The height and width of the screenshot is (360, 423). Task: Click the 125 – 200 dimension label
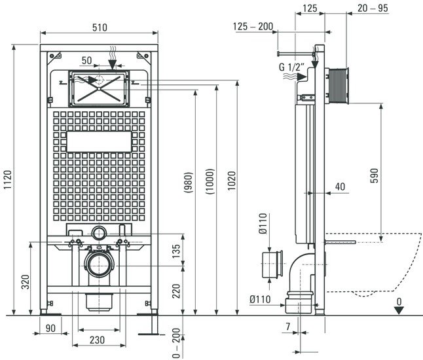click(x=254, y=27)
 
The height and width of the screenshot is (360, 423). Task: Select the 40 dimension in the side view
click(x=339, y=187)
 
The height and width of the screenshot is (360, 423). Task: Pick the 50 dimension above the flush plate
click(x=87, y=60)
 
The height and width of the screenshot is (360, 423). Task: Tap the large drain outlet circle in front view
click(x=100, y=265)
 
